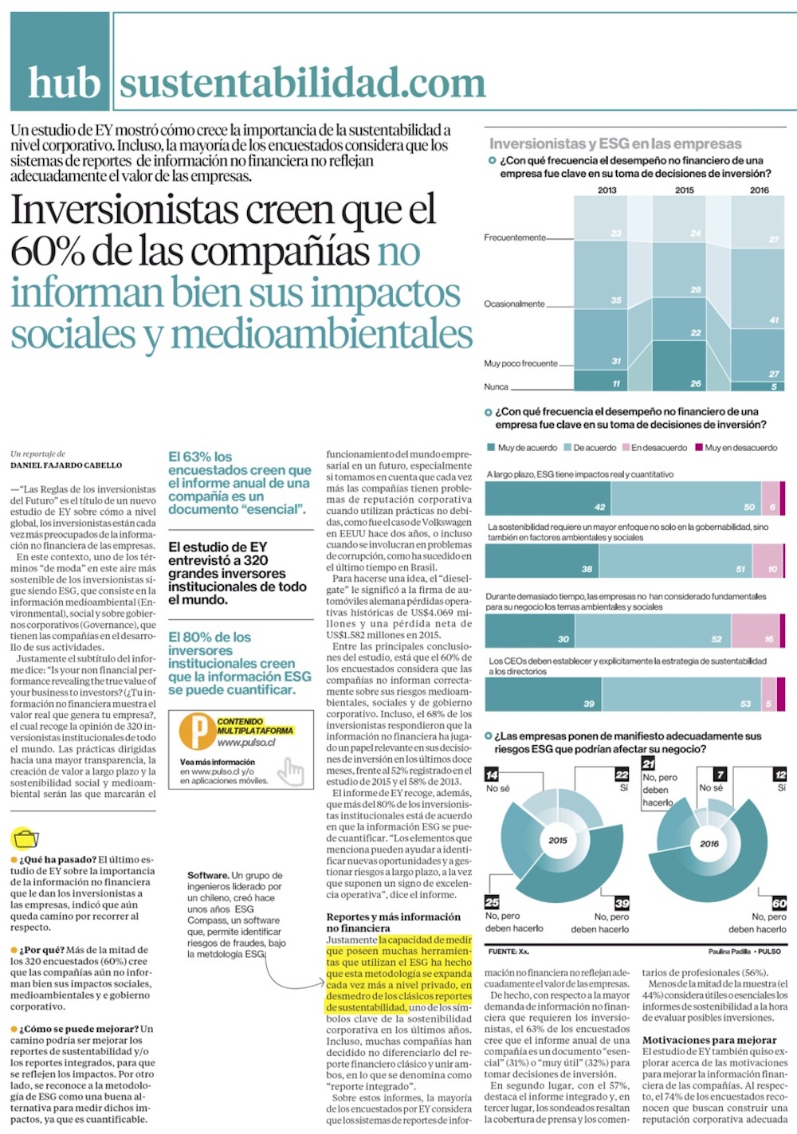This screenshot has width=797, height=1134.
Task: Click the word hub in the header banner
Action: coord(64,83)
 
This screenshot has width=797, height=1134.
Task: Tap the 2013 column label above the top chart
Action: coord(607,190)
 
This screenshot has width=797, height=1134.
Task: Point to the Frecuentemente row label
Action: coord(515,237)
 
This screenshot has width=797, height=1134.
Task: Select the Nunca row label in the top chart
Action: coord(496,387)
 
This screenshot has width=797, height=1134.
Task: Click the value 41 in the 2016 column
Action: coord(774,320)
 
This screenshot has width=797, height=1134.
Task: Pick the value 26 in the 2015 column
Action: coord(696,383)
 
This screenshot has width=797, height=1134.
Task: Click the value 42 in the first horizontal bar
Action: coord(600,507)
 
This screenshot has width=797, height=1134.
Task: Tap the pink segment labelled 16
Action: coord(769,639)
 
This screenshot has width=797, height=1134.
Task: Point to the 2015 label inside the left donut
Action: coord(558,840)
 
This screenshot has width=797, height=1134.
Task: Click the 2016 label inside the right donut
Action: coord(709,843)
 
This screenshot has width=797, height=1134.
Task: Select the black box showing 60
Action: coord(779,903)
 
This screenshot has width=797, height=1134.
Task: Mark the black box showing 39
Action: coord(622,903)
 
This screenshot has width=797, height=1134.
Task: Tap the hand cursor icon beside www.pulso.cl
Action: coord(293,771)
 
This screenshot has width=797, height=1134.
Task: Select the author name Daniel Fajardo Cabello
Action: coord(66,465)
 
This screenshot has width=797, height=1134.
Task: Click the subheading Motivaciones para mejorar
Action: coord(709,1040)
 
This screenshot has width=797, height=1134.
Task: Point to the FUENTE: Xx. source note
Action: coord(508,952)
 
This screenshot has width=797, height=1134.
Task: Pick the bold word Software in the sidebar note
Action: coord(208,875)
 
